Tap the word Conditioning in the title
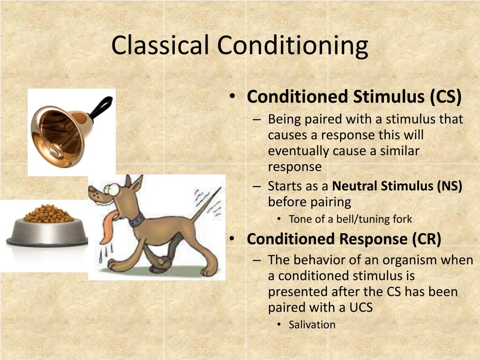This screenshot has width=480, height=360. tap(292, 46)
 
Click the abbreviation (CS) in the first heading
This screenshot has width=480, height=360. tap(446, 97)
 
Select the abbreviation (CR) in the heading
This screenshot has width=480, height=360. tap(427, 239)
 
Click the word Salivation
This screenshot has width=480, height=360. tap(312, 324)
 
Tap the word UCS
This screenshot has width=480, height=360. tap(361, 307)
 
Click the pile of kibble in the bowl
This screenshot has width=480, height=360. tap(48, 213)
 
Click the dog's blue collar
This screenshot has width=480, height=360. tap(137, 220)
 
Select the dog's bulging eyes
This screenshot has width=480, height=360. tap(112, 189)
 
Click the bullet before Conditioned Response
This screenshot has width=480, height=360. tap(232, 239)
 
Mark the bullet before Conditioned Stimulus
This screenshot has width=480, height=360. tap(232, 96)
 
